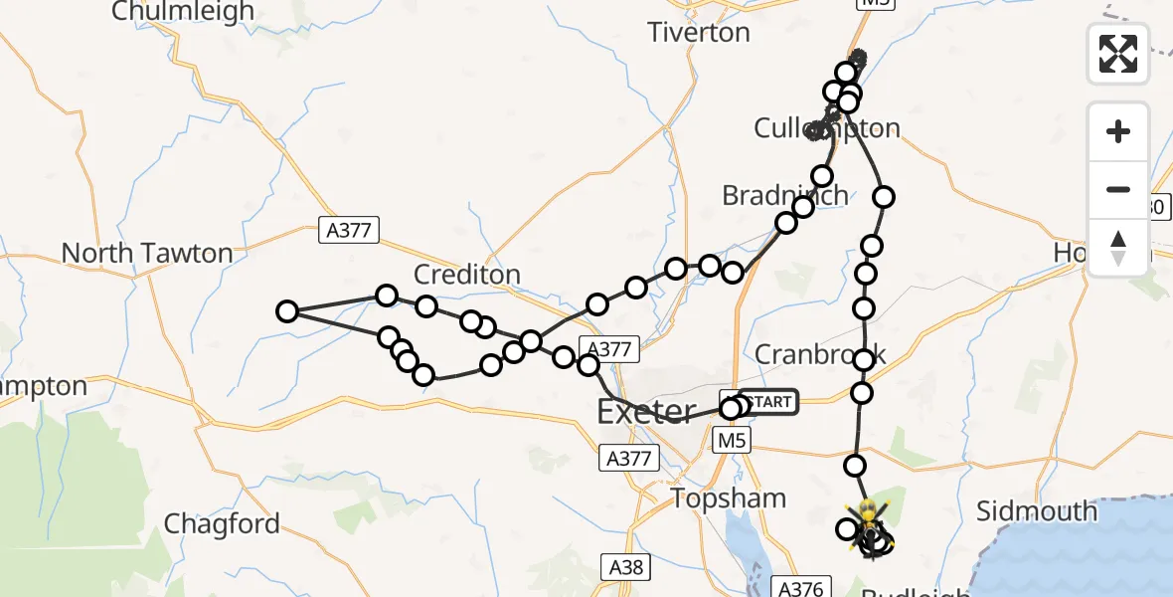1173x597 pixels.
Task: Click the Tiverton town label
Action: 698,33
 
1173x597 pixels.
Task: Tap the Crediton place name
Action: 466,275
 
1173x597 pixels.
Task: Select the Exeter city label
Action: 646,411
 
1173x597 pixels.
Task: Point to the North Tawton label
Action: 147,253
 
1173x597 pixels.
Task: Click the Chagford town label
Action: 222,523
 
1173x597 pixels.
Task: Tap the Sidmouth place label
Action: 1037,511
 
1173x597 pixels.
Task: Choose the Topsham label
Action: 729,498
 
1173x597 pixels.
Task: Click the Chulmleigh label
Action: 183,12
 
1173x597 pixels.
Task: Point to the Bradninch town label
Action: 785,195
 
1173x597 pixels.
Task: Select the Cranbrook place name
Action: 819,354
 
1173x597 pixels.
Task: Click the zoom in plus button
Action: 1118,132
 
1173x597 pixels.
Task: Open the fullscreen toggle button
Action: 1118,54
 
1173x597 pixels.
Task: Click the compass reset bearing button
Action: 1118,248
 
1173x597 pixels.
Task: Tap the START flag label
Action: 767,402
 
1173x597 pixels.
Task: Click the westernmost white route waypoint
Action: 287,311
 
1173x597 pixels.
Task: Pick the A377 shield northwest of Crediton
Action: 348,231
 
